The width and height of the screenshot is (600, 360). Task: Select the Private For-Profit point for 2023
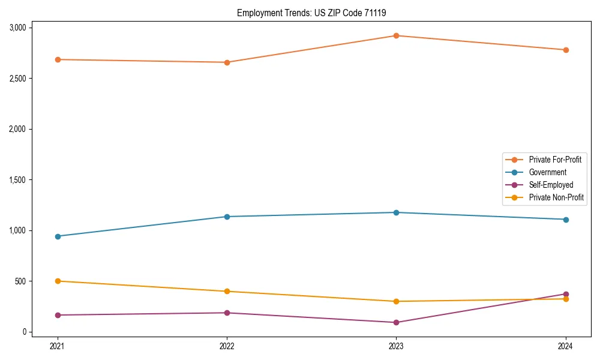click(x=396, y=35)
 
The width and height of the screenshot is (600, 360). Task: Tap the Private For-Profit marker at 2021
click(x=58, y=59)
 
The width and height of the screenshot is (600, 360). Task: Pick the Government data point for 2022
click(x=227, y=217)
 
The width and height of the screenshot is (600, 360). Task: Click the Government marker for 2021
click(x=58, y=236)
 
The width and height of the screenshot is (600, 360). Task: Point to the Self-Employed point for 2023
click(x=396, y=322)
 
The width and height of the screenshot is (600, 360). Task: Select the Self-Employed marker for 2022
click(x=227, y=313)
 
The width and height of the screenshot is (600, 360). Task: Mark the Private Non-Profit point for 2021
click(x=58, y=281)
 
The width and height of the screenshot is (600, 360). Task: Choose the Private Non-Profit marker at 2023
click(x=396, y=301)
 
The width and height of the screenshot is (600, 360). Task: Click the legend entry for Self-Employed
click(x=551, y=185)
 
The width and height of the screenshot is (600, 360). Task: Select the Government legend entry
click(x=547, y=172)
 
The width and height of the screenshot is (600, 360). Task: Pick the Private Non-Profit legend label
click(x=556, y=197)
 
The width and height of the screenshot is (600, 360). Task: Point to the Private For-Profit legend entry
click(x=554, y=160)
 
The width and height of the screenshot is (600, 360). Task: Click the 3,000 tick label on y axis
click(x=17, y=28)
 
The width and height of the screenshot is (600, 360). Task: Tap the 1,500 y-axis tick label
click(x=17, y=180)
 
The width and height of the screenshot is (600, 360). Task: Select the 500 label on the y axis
click(x=20, y=281)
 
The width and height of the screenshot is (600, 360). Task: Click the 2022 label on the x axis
click(x=227, y=346)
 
